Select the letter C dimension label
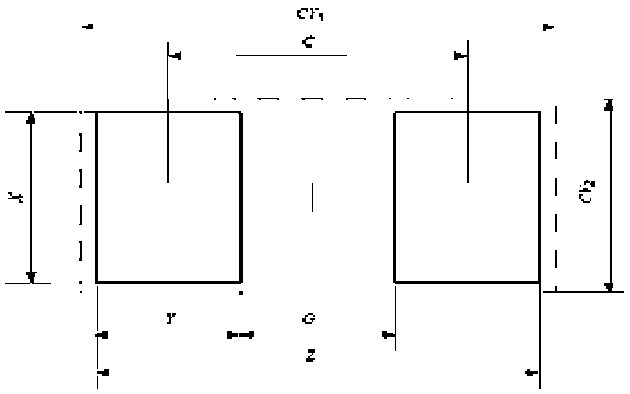point(310,42)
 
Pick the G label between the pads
point(309,318)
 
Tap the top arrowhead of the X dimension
point(32,118)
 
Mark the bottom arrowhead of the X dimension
point(32,277)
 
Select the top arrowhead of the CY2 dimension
point(607,105)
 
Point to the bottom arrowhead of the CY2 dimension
point(607,286)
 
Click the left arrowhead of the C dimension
point(176,56)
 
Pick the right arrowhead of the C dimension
point(459,56)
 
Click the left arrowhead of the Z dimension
point(103,373)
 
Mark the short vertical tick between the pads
point(312,198)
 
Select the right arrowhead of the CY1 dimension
point(548,27)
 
